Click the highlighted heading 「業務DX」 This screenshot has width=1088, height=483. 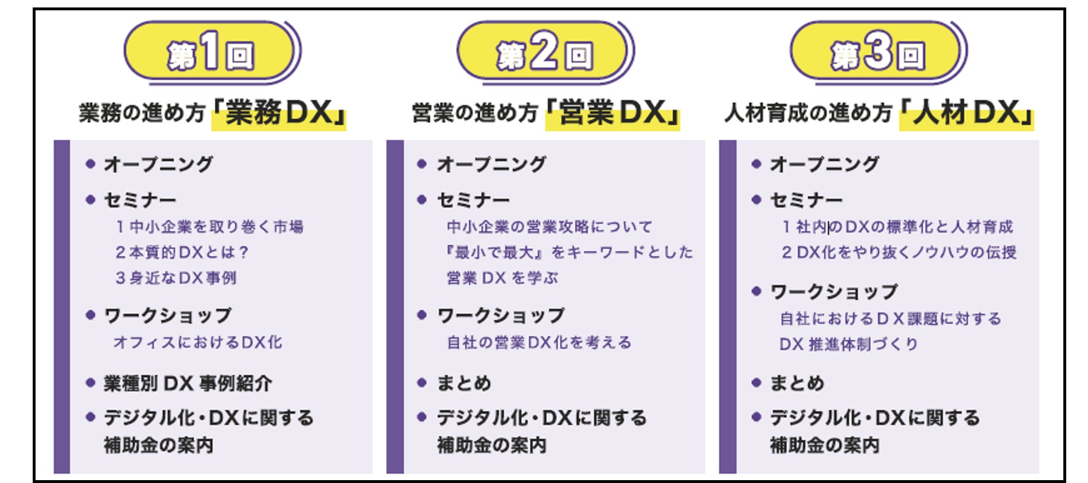click(279, 113)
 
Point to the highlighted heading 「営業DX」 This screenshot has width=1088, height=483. click(613, 113)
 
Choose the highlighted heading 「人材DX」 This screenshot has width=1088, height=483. click(966, 113)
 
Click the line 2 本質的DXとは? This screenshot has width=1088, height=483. click(182, 252)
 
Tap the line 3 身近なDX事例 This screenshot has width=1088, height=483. click(176, 278)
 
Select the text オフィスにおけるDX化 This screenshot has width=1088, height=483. click(198, 342)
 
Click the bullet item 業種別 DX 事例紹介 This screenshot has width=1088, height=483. click(188, 383)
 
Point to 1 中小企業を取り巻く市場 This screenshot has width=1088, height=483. click(209, 227)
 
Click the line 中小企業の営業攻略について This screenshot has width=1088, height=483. click(549, 227)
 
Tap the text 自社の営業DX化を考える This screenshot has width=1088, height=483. click(539, 342)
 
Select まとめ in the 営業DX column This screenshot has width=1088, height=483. click(464, 383)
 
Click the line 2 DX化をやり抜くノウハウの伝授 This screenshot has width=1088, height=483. click(899, 252)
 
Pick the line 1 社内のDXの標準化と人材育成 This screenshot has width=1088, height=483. click(898, 227)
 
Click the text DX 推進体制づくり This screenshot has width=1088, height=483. click(849, 344)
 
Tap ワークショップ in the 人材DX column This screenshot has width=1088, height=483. click(834, 292)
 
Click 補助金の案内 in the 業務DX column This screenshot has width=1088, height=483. click(159, 445)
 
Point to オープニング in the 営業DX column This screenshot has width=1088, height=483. click(492, 165)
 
